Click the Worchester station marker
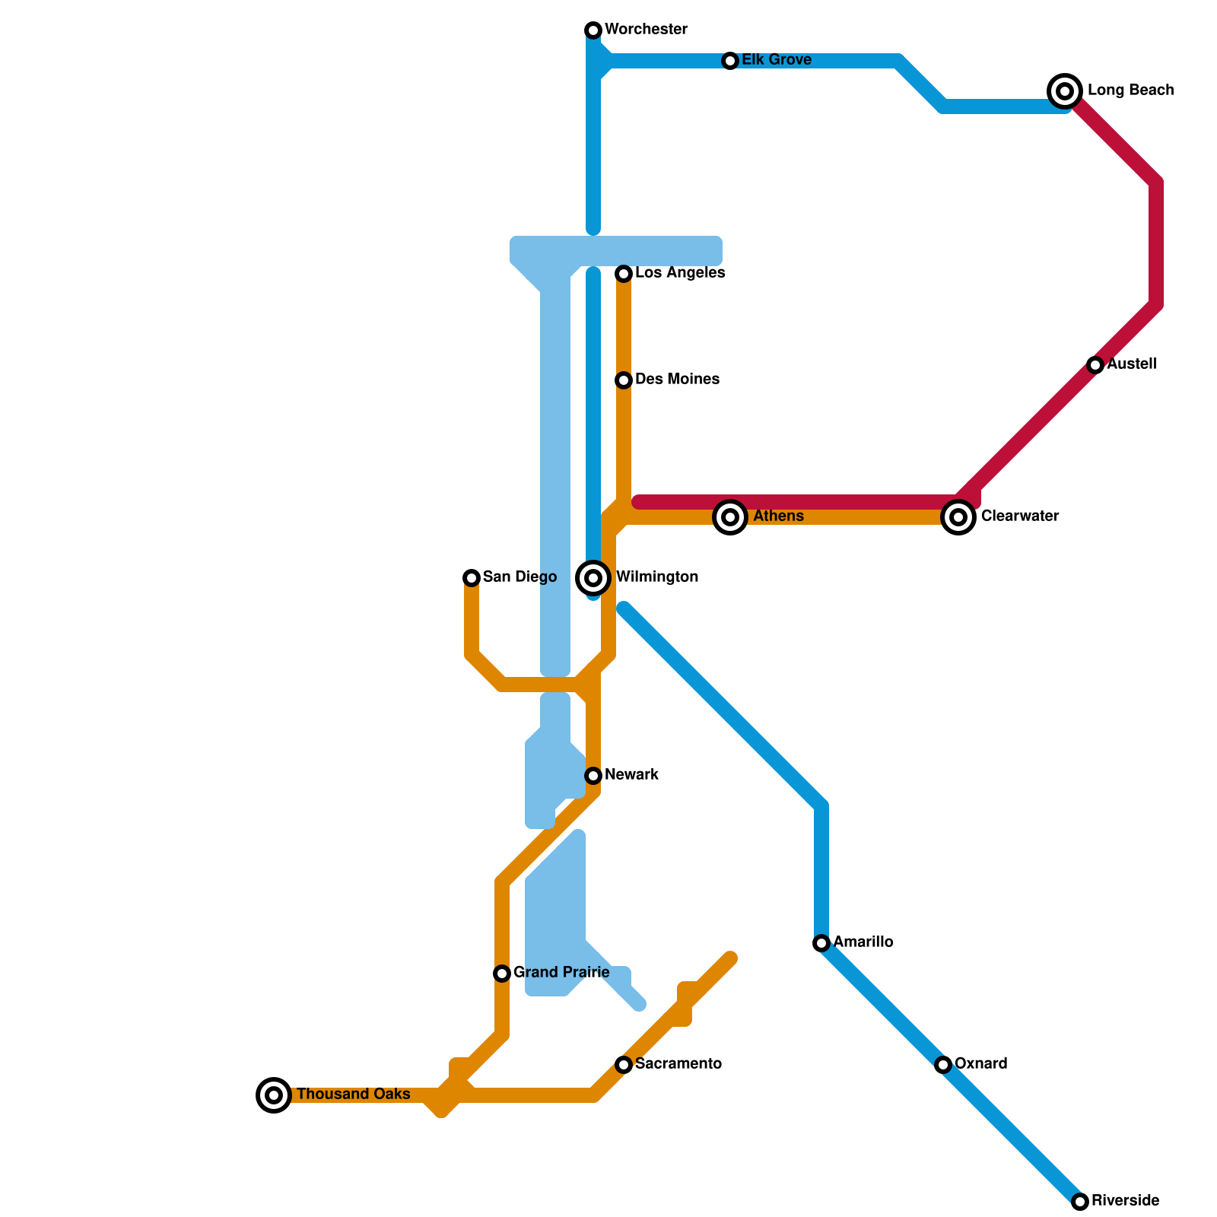[593, 30]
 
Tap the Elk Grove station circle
[730, 61]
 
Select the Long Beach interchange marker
[1065, 91]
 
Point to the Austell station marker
[1095, 365]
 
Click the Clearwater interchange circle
[958, 517]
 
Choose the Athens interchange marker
[730, 517]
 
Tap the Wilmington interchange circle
[593, 578]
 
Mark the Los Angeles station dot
[624, 274]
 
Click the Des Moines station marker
[624, 380]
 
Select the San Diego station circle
[472, 578]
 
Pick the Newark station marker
[593, 776]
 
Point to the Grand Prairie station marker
[502, 974]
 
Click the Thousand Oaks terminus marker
[274, 1095]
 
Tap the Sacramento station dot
[624, 1065]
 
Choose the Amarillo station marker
[821, 943]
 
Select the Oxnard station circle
[943, 1065]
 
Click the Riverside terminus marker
[1080, 1202]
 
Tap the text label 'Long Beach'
[1130, 91]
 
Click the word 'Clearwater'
[1019, 516]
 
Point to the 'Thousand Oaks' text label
[353, 1095]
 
